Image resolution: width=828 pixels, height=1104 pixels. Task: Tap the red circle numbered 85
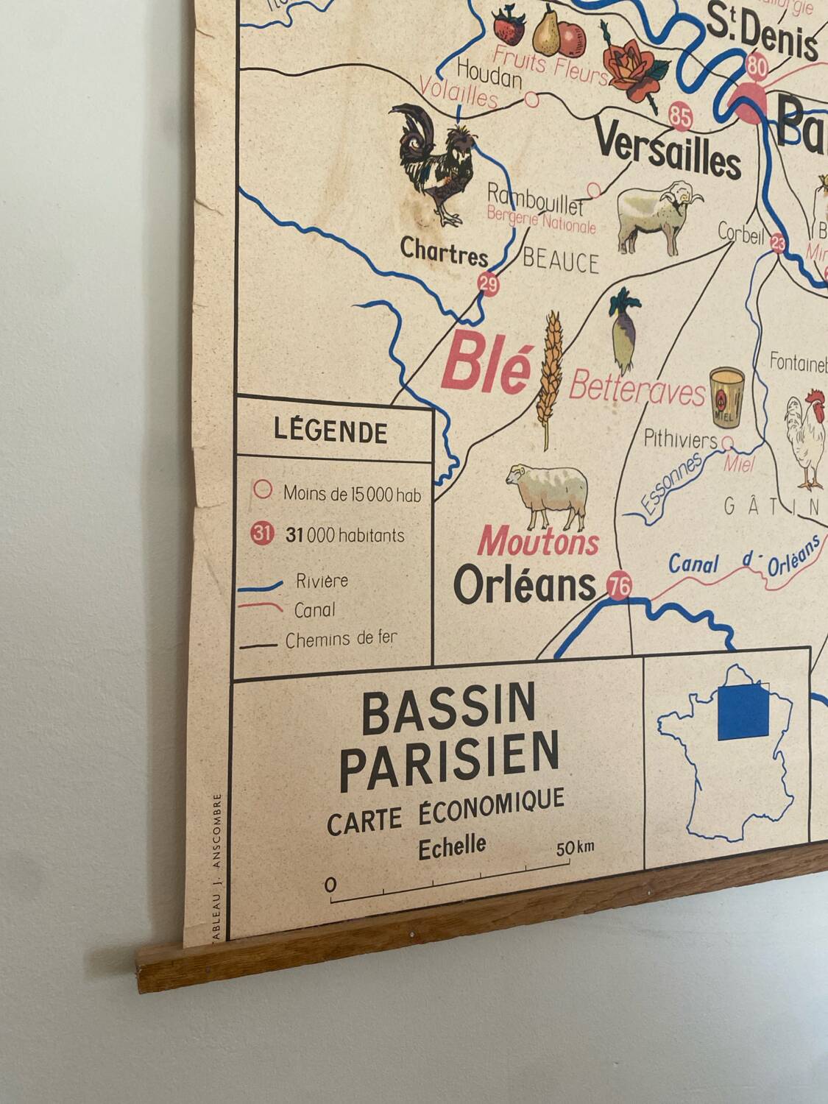tap(682, 116)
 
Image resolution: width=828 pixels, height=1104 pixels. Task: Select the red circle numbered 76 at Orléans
tap(619, 586)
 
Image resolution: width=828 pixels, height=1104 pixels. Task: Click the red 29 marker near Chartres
tap(488, 283)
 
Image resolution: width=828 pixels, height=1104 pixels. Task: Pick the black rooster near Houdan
tap(434, 162)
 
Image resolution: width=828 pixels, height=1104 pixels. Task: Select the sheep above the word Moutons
tap(549, 492)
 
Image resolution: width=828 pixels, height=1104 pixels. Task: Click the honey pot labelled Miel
tap(726, 397)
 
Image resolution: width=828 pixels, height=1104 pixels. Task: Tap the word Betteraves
tap(637, 388)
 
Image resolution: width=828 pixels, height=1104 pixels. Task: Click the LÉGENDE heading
tap(330, 431)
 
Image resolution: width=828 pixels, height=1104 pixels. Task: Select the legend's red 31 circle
tap(262, 533)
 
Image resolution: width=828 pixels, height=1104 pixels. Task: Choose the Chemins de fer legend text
tap(341, 639)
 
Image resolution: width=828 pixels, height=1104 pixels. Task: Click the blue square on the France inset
tap(743, 712)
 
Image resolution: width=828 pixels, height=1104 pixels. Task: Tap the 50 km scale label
tap(575, 847)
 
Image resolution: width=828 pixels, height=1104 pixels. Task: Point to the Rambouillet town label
tap(534, 198)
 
